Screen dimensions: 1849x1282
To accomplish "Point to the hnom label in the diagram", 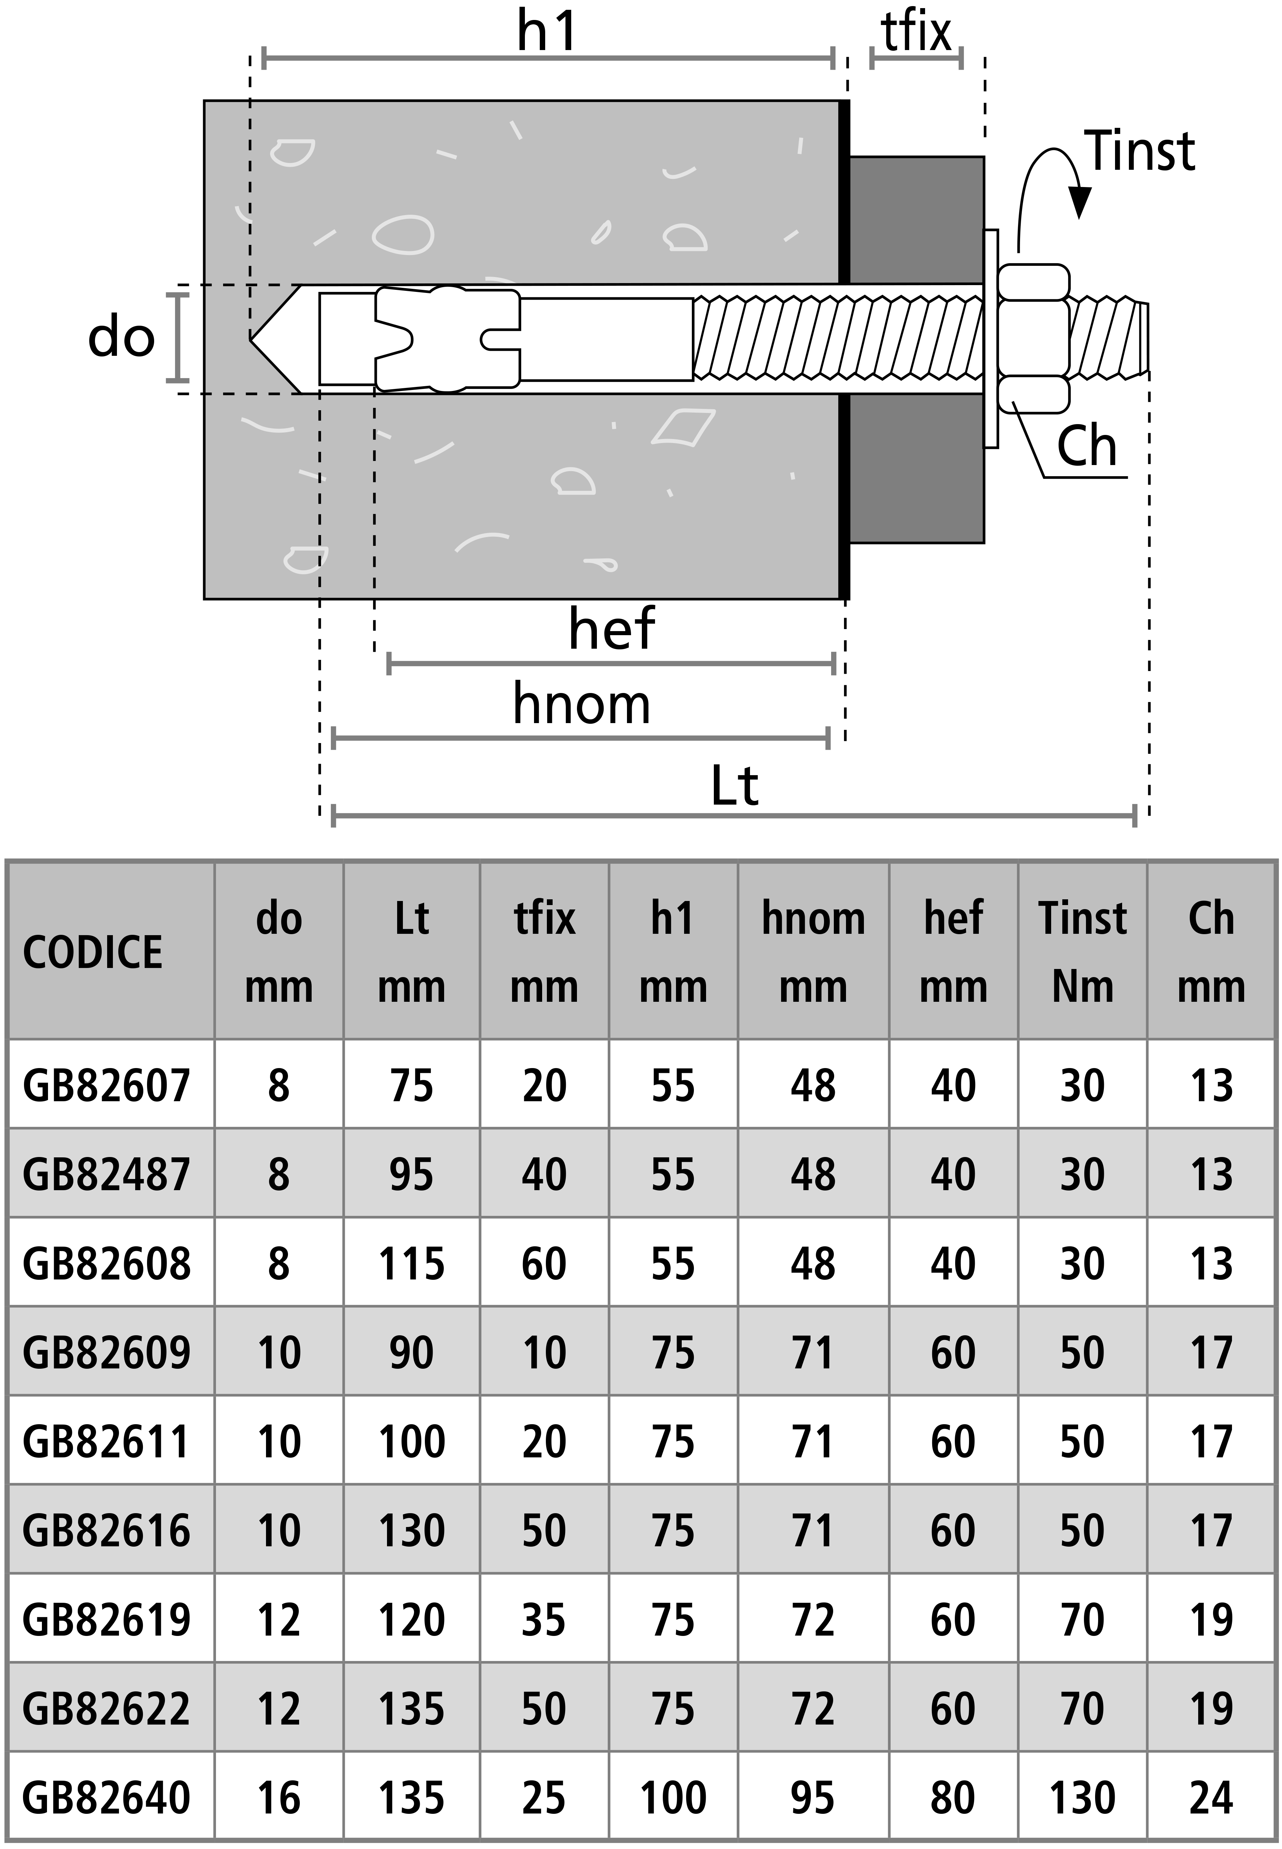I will (x=582, y=704).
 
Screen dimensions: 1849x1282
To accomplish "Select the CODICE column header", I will (x=92, y=952).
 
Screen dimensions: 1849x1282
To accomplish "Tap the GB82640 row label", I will (x=107, y=1798).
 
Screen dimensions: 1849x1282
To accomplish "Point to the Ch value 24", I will (x=1210, y=1798).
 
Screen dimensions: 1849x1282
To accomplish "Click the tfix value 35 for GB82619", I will (x=544, y=1620).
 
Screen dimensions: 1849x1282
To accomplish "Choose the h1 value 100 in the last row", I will (x=673, y=1798).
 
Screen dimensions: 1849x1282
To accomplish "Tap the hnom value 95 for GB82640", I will (x=813, y=1798).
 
